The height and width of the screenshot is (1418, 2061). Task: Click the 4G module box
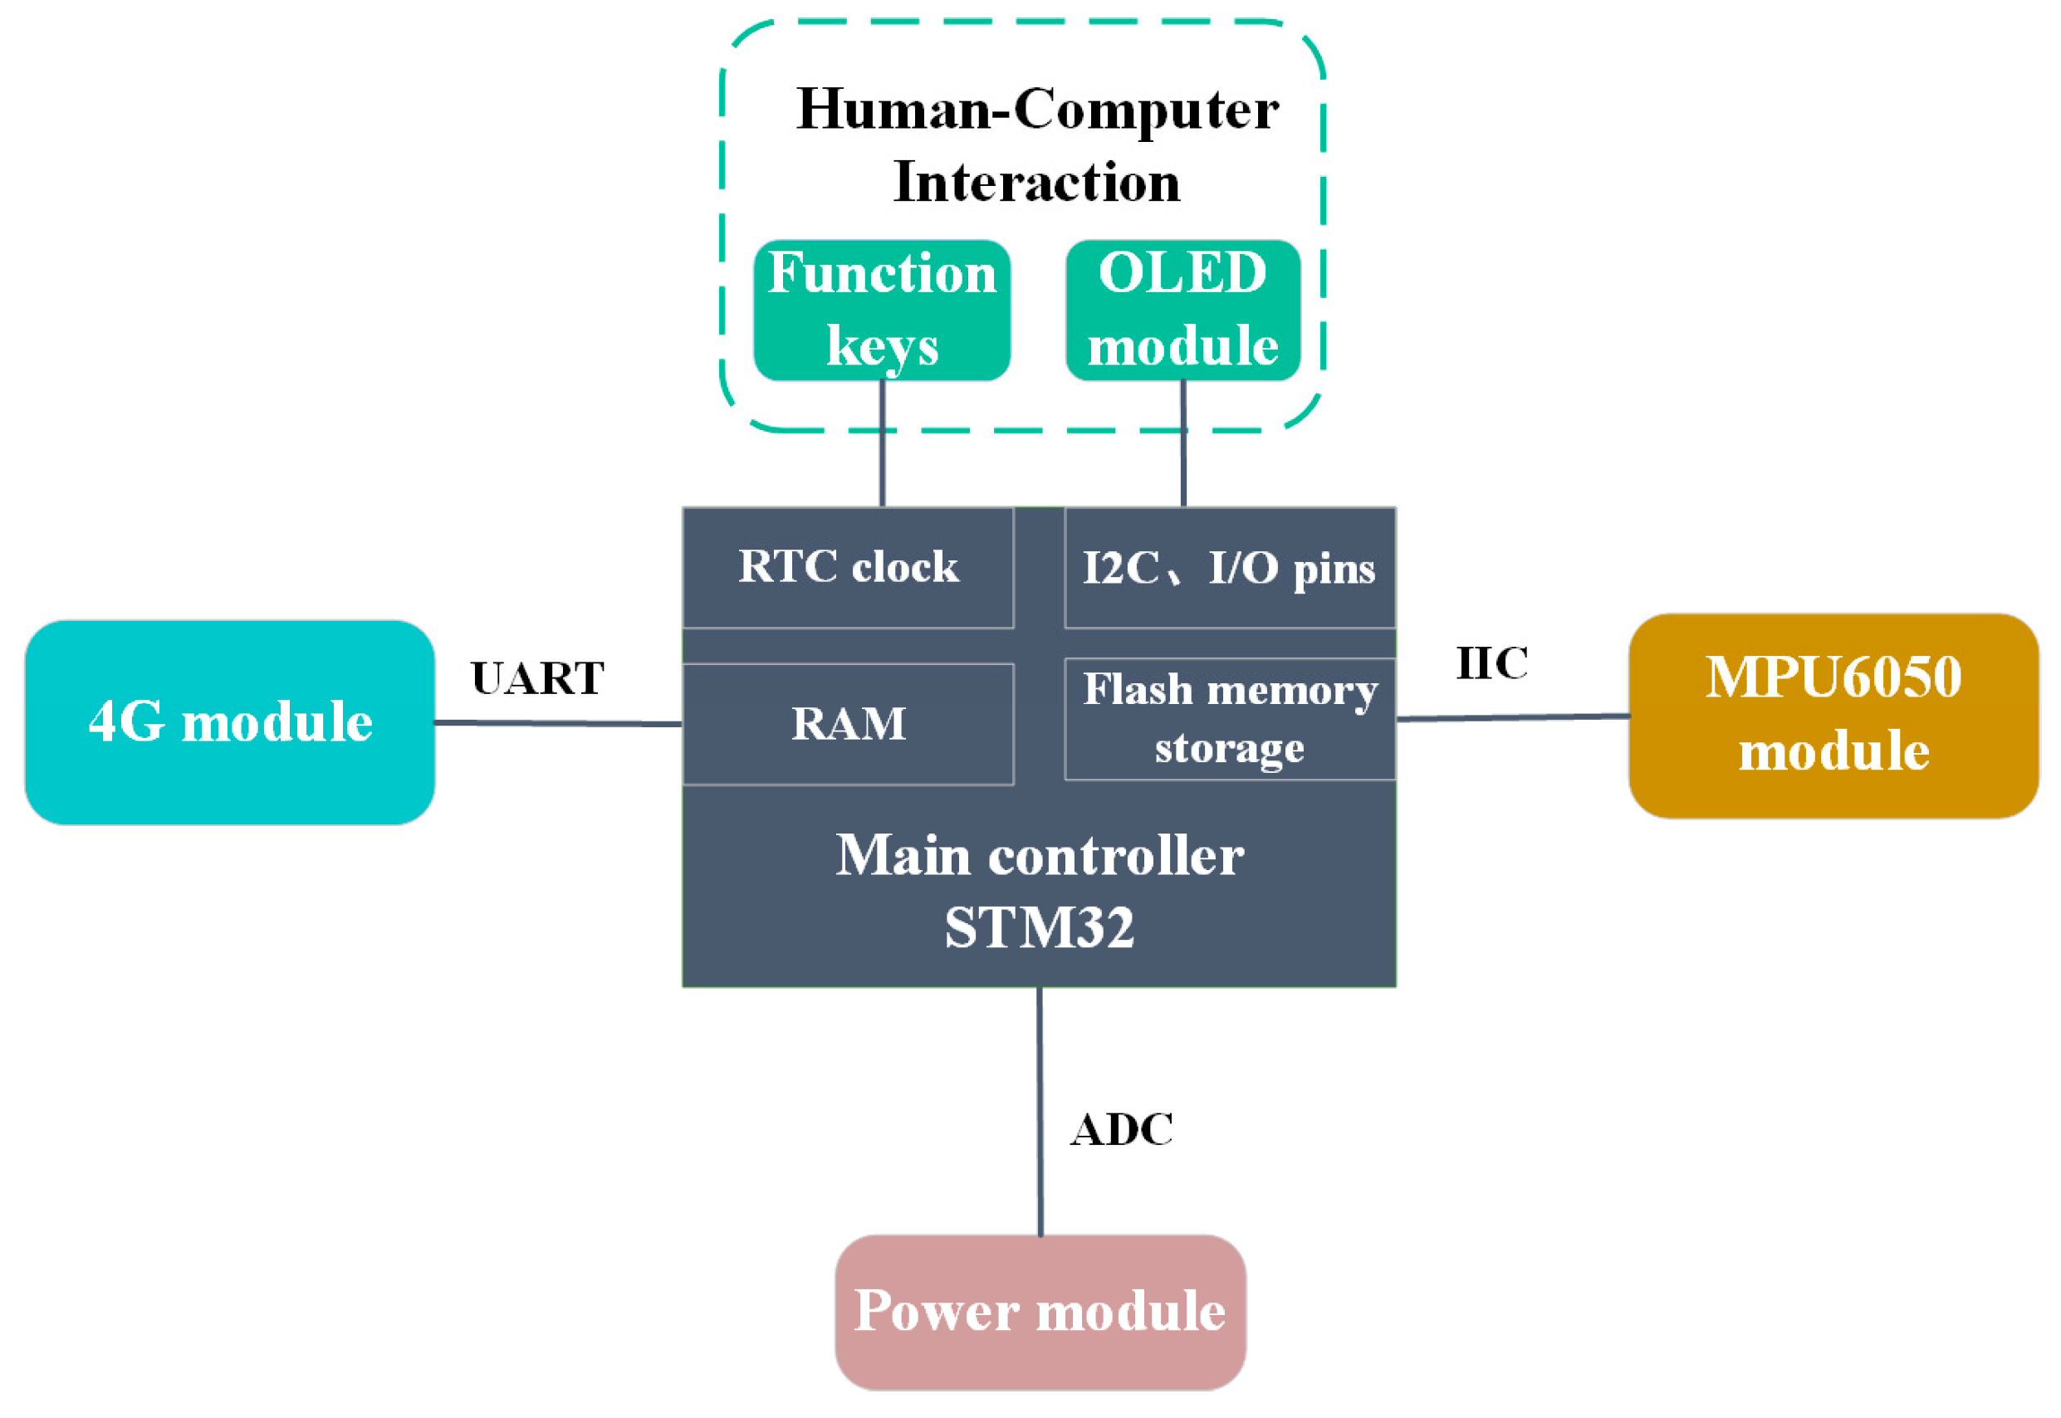[x=229, y=722]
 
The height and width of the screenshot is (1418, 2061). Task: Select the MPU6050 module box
[x=1833, y=715]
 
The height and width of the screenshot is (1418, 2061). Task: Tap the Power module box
[x=1040, y=1312]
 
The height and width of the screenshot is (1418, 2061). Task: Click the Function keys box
[x=882, y=310]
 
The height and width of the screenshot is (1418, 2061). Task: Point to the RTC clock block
[x=848, y=567]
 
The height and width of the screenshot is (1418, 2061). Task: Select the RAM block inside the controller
[x=848, y=723]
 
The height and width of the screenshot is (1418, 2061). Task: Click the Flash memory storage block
[x=1229, y=718]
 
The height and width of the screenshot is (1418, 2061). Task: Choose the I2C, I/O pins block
[x=1229, y=567]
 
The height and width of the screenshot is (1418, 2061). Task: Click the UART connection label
[x=536, y=678]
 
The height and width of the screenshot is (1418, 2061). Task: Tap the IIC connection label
[x=1491, y=663]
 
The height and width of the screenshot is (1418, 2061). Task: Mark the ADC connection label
[x=1121, y=1130]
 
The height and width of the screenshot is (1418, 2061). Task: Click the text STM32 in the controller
[x=1039, y=927]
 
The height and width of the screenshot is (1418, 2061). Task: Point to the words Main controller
[x=1039, y=856]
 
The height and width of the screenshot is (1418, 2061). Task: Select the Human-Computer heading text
[x=1036, y=110]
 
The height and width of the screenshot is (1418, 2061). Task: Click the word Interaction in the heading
[x=1036, y=182]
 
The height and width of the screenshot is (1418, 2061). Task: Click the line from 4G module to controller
[x=558, y=723]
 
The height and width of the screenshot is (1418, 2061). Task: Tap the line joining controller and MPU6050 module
[x=1513, y=717]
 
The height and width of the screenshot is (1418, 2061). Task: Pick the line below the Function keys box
[x=882, y=444]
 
